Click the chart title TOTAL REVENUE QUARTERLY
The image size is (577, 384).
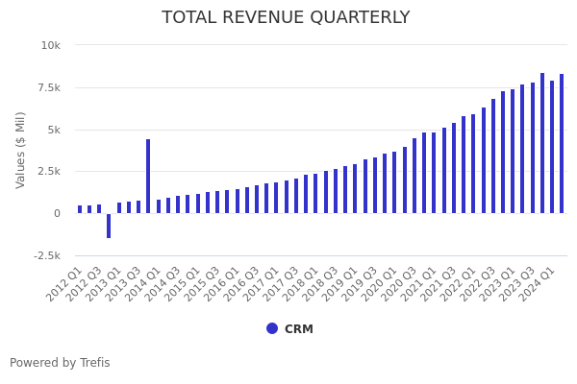click(286, 17)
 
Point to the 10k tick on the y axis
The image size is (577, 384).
click(50, 45)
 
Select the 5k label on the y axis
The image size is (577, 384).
click(53, 130)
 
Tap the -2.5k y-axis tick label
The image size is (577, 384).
click(45, 255)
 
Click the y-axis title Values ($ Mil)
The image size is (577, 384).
click(21, 150)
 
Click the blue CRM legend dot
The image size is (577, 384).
click(272, 328)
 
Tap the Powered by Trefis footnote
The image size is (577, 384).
click(60, 363)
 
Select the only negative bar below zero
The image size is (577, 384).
click(109, 226)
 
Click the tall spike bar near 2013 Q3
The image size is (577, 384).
click(148, 176)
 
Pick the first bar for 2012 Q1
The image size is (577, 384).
click(80, 209)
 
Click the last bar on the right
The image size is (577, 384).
click(562, 144)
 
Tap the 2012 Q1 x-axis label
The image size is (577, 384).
click(65, 284)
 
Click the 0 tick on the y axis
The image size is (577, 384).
click(57, 213)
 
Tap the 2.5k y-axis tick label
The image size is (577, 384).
click(49, 171)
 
